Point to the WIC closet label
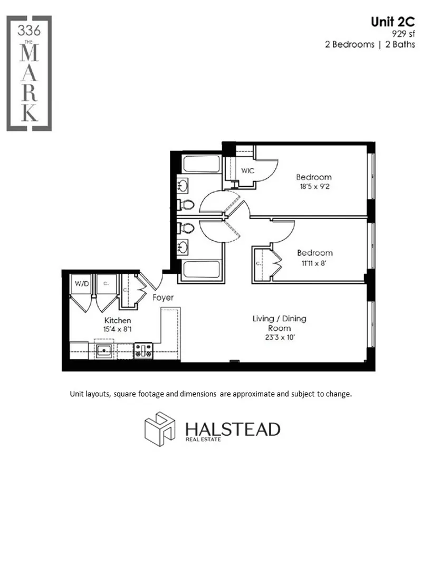pyautogui.click(x=248, y=170)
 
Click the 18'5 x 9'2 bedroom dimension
pyautogui.click(x=313, y=186)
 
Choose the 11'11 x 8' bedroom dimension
pyautogui.click(x=314, y=262)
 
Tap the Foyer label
pyautogui.click(x=163, y=298)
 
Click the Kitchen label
pyautogui.click(x=118, y=320)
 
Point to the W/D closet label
pyautogui.click(x=82, y=283)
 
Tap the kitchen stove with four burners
pyautogui.click(x=143, y=350)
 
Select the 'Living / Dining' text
pyautogui.click(x=279, y=319)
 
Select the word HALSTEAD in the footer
pyautogui.click(x=232, y=428)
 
